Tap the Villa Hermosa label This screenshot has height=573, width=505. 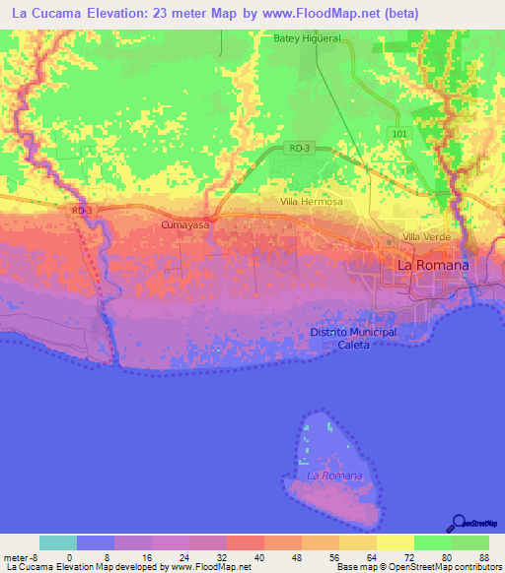pos(311,202)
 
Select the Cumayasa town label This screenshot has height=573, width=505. pos(184,225)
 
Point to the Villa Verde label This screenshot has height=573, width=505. pos(426,238)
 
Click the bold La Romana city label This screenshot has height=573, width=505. pos(432,266)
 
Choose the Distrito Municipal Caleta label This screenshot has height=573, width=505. pos(352,338)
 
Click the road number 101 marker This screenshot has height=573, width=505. pos(398,133)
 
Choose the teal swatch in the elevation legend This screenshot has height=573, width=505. pos(58,542)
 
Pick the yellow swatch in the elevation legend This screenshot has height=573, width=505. pos(396,542)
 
